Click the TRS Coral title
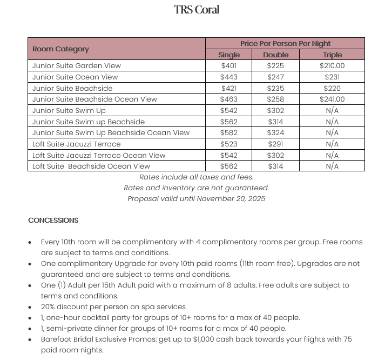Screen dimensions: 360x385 pyautogui.click(x=197, y=10)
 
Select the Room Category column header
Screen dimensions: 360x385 pyautogui.click(x=60, y=49)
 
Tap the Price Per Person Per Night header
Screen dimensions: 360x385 pyautogui.click(x=285, y=43)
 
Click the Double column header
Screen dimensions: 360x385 pyautogui.click(x=275, y=55)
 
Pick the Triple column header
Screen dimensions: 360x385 pyautogui.click(x=332, y=55)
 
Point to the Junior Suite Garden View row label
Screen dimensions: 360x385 pyautogui.click(x=76, y=66)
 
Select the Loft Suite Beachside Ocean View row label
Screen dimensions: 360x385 pyautogui.click(x=91, y=166)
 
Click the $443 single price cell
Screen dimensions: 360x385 pyautogui.click(x=229, y=77)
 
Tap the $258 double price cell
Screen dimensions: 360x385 pyautogui.click(x=275, y=99)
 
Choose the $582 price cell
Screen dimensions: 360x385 pyautogui.click(x=229, y=133)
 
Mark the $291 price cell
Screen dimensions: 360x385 pyautogui.click(x=275, y=144)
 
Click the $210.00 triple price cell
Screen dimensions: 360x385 pyautogui.click(x=332, y=66)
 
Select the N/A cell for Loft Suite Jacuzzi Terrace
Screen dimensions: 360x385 pyautogui.click(x=332, y=144)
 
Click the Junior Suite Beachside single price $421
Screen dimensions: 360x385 pyautogui.click(x=229, y=88)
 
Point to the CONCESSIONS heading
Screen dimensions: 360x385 pyautogui.click(x=53, y=221)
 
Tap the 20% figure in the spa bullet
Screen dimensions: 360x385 pyautogui.click(x=49, y=306)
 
